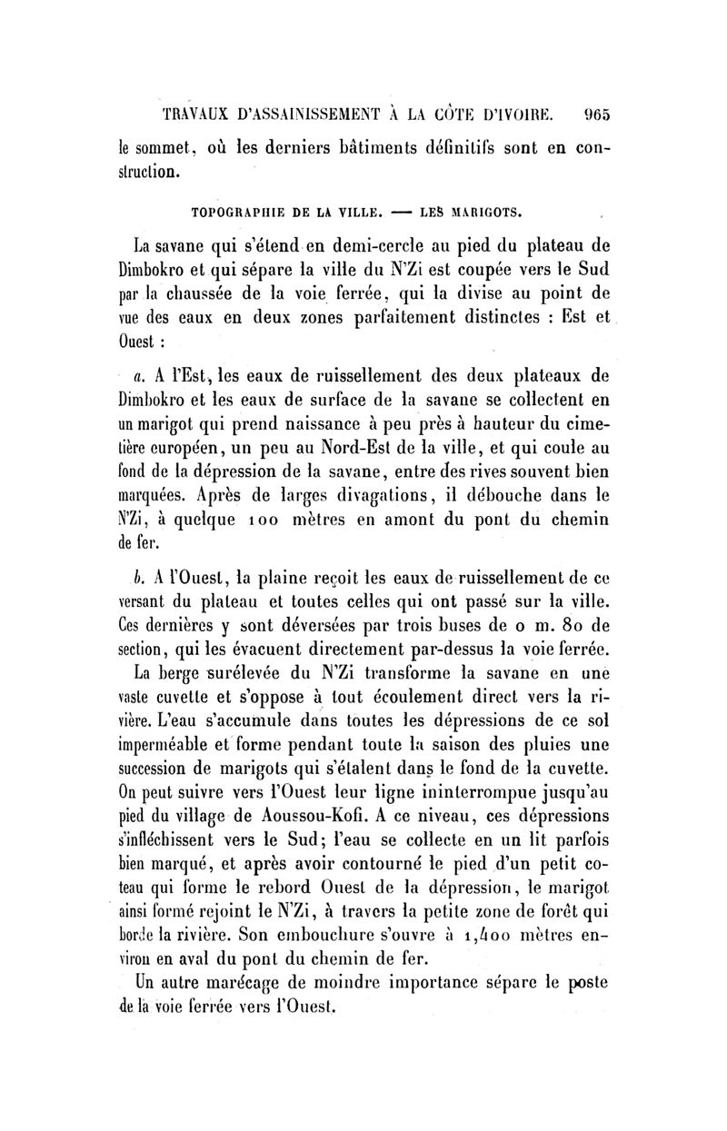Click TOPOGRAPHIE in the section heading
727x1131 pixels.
[240, 213]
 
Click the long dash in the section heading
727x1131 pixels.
[399, 213]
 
